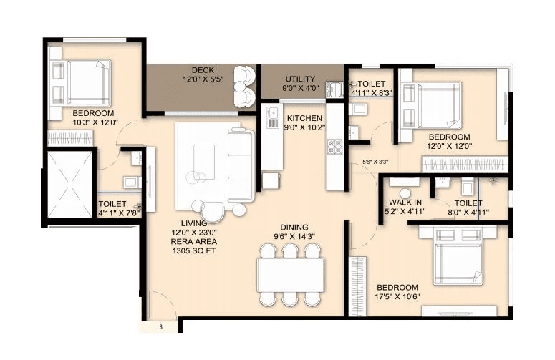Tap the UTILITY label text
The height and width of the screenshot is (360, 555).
tap(300, 79)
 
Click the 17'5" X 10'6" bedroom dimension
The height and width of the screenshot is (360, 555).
tap(398, 297)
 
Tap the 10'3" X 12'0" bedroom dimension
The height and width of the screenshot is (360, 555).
tap(93, 123)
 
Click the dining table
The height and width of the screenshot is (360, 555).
tap(290, 273)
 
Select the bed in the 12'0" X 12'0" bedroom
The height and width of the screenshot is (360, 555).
tap(432, 105)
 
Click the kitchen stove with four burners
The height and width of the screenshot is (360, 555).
tap(334, 146)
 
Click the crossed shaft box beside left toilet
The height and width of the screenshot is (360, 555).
tap(69, 184)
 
